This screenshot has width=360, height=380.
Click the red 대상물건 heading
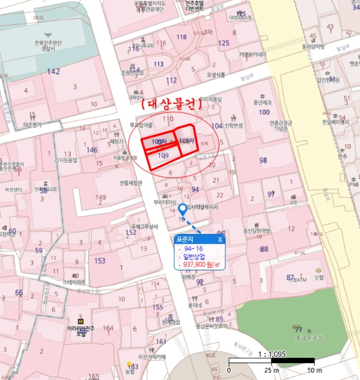pyautogui.click(x=170, y=103)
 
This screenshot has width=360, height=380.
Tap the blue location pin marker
pyautogui.click(x=182, y=210)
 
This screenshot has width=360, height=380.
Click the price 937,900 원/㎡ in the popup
pyautogui.click(x=201, y=265)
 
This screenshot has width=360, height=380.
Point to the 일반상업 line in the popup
pyautogui.click(x=195, y=257)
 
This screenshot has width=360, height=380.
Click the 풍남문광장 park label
pyautogui.click(x=308, y=338)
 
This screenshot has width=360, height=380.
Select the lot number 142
pyautogui.click(x=53, y=71)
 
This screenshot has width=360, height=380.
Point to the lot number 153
pyautogui.click(x=100, y=261)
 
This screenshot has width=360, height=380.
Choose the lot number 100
pyautogui.click(x=264, y=112)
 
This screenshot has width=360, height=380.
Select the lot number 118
pyautogui.click(x=181, y=37)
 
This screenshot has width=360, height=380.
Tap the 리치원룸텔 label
pyautogui.click(x=66, y=160)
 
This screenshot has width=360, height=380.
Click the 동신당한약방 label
pyautogui.click(x=256, y=231)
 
